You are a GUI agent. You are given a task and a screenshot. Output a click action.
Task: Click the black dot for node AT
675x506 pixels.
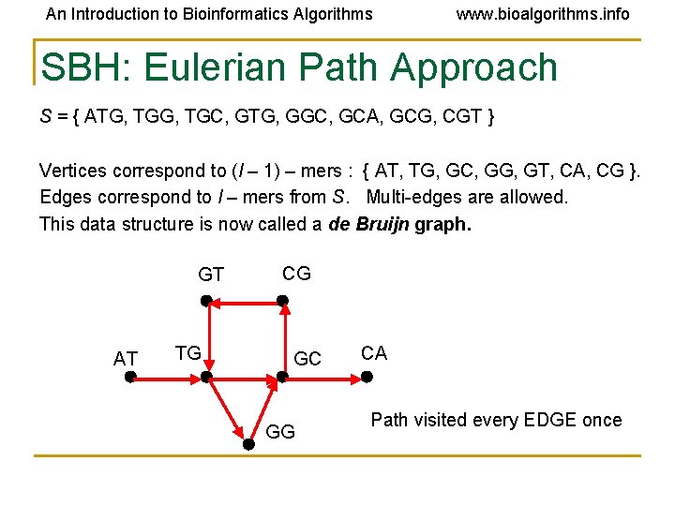coord(130,378)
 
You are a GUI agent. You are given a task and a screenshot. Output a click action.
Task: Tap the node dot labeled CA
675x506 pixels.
coord(367,378)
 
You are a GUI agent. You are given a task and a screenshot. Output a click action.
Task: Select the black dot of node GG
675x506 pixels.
coord(248,446)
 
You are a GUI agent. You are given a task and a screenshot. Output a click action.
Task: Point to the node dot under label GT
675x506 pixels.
coord(206,302)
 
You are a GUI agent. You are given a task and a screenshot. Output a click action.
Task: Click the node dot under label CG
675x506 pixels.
coord(283,302)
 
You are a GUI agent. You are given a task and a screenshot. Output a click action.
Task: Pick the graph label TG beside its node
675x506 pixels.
coord(188,353)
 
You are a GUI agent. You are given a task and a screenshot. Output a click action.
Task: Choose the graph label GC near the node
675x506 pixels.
coord(307,359)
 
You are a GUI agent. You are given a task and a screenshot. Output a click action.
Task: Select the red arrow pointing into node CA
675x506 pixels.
coord(323,378)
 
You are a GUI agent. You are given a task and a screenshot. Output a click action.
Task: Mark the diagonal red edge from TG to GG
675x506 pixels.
coord(227,411)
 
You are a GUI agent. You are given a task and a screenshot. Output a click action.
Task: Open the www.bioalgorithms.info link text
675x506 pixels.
coord(543,14)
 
